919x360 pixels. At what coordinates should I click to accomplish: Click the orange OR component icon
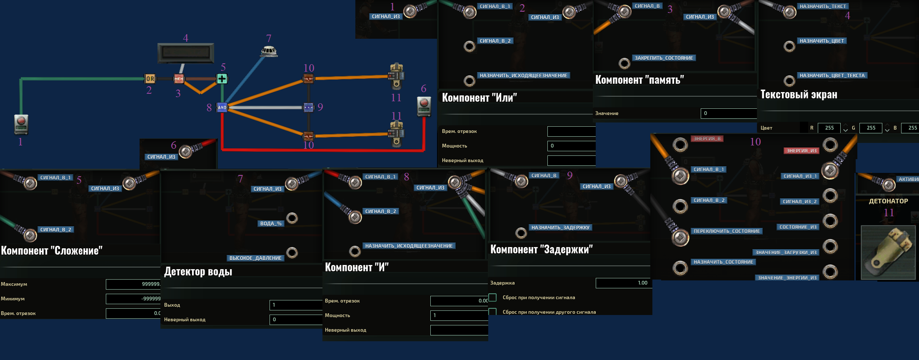click(150, 78)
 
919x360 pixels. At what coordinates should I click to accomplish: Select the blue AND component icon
click(222, 107)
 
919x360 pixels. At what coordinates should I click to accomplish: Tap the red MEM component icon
click(179, 78)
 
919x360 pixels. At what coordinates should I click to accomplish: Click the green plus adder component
click(222, 78)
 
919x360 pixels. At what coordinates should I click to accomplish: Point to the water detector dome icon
click(269, 52)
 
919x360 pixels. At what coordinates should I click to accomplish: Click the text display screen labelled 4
click(186, 52)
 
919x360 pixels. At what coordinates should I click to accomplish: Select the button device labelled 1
click(21, 124)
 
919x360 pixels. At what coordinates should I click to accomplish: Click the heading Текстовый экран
click(799, 95)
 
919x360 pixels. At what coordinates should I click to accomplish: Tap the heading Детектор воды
click(198, 272)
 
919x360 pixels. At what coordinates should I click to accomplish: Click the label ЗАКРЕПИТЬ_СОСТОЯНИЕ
click(664, 58)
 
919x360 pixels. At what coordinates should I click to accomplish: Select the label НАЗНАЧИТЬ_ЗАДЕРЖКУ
click(560, 227)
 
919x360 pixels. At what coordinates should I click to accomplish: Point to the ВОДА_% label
click(271, 224)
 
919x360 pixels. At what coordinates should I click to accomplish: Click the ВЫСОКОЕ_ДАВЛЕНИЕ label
click(255, 258)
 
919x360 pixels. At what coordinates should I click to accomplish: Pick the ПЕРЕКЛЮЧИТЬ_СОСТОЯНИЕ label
click(727, 231)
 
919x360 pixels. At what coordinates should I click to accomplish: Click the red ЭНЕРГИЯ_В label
click(707, 139)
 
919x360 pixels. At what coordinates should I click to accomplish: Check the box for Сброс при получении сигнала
click(493, 297)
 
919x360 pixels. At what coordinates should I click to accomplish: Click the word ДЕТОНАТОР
click(888, 201)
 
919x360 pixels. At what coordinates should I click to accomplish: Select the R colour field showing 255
click(829, 128)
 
